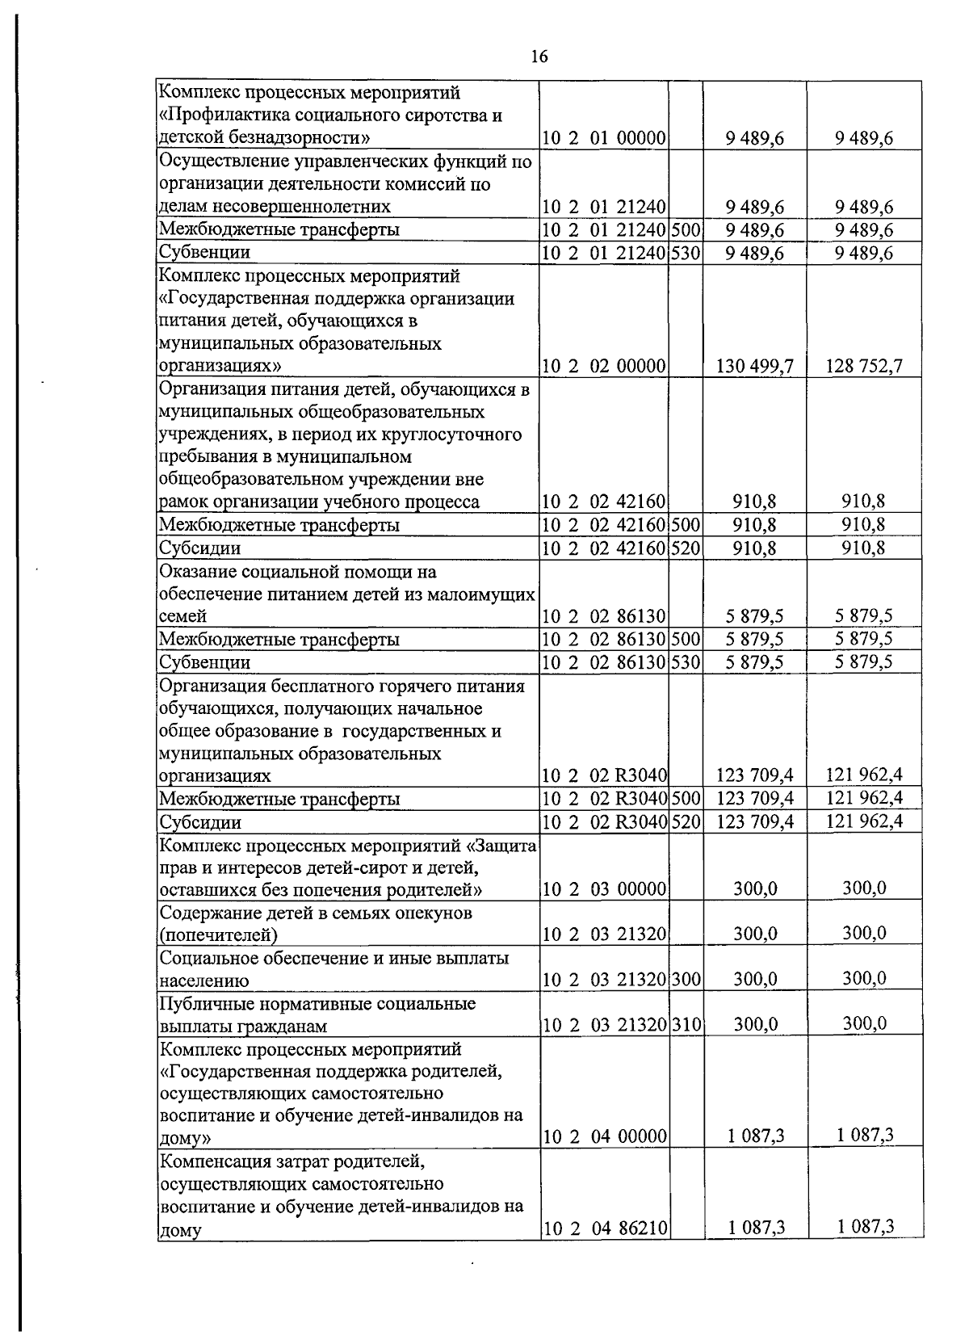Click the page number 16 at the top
click(x=539, y=57)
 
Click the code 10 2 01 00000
click(x=603, y=138)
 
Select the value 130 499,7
click(x=755, y=367)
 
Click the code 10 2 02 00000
click(x=603, y=367)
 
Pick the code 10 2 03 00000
click(x=603, y=889)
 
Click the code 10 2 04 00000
click(x=603, y=1136)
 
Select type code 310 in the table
click(x=686, y=1025)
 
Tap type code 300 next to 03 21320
click(x=686, y=980)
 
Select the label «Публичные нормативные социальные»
click(x=317, y=1003)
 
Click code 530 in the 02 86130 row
click(x=686, y=662)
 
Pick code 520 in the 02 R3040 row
click(x=686, y=822)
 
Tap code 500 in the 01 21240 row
click(x=686, y=229)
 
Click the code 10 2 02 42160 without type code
click(x=603, y=502)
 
